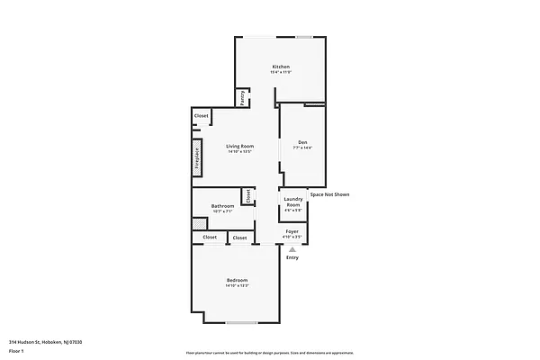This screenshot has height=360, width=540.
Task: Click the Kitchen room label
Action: point(281,67)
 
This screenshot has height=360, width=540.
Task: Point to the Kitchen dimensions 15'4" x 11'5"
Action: point(281,73)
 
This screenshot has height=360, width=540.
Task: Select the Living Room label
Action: point(239,146)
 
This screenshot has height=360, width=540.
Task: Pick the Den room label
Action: point(303,142)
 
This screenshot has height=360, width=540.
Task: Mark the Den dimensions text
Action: point(303,148)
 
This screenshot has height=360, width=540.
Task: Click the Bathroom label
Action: point(222,206)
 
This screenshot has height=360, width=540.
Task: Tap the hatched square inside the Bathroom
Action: point(198,222)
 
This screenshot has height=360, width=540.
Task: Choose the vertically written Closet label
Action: point(247,195)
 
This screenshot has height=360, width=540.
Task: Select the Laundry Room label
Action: point(293,202)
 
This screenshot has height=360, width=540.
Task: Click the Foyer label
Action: point(292,231)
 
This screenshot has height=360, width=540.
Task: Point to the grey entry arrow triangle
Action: point(292,248)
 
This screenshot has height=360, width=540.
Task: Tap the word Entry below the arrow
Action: point(292,257)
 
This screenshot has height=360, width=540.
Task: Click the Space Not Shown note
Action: point(329,194)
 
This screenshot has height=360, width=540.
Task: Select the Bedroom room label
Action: point(237,280)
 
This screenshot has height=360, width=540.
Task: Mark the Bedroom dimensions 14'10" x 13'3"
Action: point(237,286)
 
